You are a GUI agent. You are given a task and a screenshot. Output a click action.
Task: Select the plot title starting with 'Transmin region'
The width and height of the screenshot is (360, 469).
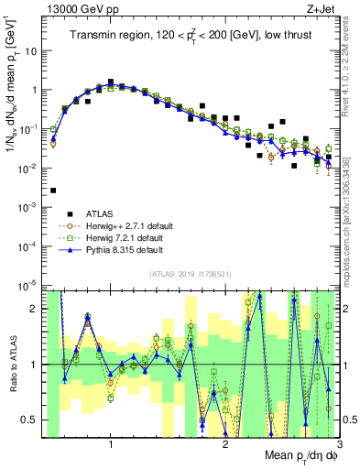pyautogui.click(x=192, y=36)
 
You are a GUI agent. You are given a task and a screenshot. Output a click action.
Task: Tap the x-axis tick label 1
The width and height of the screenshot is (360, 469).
pyautogui.click(x=111, y=446)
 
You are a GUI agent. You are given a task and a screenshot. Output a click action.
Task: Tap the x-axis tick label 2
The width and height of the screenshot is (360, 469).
pyautogui.click(x=225, y=446)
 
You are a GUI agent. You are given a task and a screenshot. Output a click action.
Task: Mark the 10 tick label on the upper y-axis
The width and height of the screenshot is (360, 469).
pyautogui.click(x=31, y=51)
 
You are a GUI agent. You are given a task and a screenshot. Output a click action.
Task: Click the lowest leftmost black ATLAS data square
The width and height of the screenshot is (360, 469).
pyautogui.click(x=53, y=191)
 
